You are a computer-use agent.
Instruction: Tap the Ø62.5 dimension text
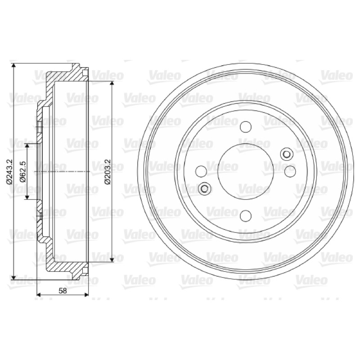23,171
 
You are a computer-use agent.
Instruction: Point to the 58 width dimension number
63,291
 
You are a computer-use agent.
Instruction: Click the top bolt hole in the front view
245,127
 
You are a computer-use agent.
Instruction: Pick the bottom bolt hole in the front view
245,216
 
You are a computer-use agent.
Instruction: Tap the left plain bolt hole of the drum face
201,171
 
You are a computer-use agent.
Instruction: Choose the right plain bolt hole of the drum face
290,171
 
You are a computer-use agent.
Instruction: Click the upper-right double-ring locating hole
287,154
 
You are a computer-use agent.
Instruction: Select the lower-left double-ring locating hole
204,189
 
